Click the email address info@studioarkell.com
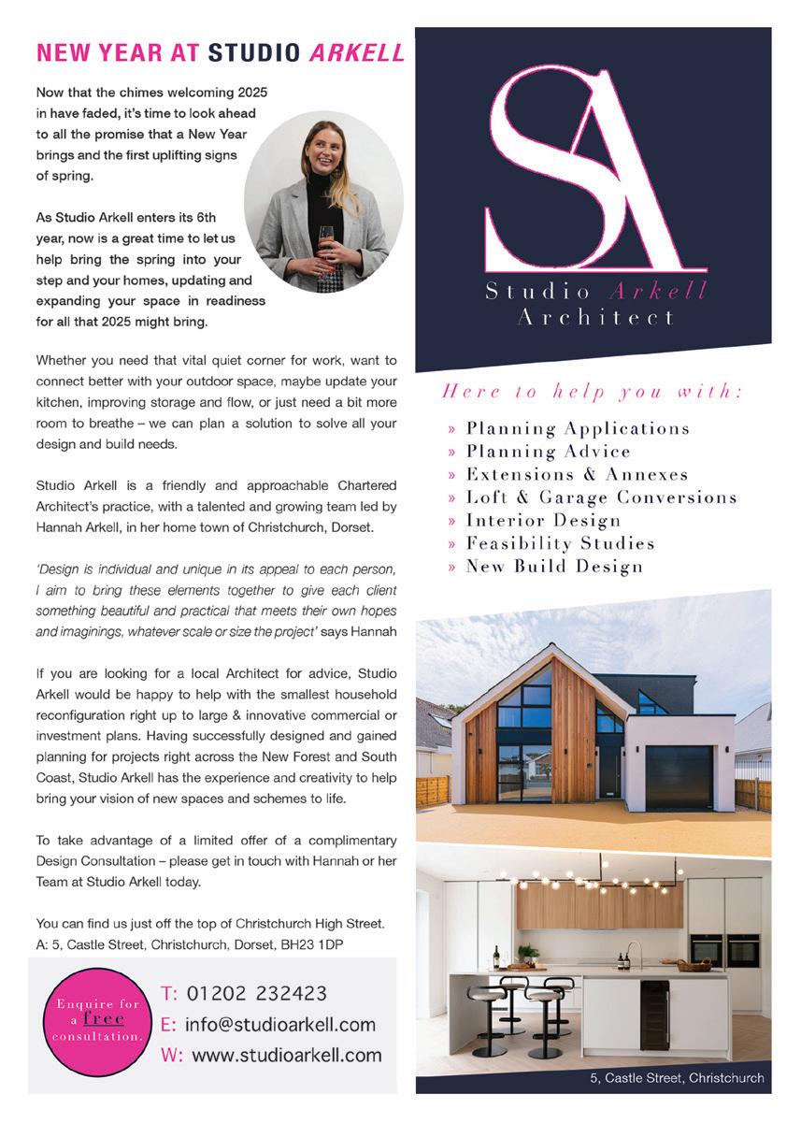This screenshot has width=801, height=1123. pyautogui.click(x=279, y=1024)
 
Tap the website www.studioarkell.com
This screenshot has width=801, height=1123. pyautogui.click(x=286, y=1055)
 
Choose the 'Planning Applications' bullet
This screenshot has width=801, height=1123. pyautogui.click(x=577, y=429)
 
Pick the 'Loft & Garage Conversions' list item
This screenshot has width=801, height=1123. pyautogui.click(x=601, y=497)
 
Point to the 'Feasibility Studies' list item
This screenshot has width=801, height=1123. pyautogui.click(x=560, y=543)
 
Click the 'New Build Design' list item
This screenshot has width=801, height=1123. pyautogui.click(x=553, y=566)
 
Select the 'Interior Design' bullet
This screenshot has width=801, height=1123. pyautogui.click(x=543, y=520)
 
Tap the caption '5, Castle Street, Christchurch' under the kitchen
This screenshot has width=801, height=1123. pyautogui.click(x=677, y=1078)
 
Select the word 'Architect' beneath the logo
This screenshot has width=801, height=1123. pyautogui.click(x=595, y=318)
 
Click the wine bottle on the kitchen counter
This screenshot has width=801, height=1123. pyautogui.click(x=496, y=957)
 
